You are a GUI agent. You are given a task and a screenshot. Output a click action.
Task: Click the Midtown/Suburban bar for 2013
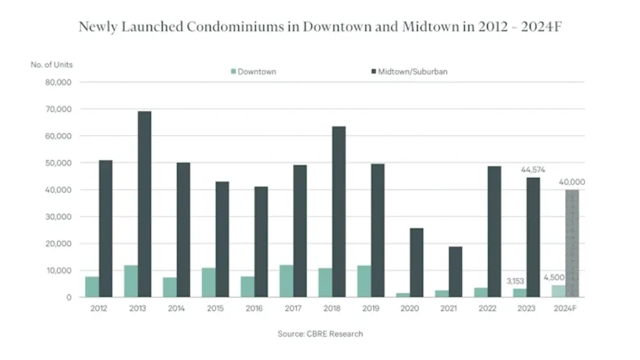click(x=144, y=204)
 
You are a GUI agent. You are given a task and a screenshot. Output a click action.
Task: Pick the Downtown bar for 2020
click(x=403, y=294)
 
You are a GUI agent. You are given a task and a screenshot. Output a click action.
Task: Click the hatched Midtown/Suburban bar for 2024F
click(x=572, y=243)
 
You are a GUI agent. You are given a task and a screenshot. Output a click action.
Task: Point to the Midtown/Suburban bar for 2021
click(x=455, y=271)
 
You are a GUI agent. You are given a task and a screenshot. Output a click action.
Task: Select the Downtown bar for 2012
click(x=92, y=286)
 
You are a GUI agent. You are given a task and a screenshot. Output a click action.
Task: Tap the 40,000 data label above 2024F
click(x=572, y=182)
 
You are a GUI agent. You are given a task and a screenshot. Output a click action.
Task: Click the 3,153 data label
click(x=517, y=281)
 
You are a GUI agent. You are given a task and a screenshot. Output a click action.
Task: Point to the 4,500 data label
click(x=555, y=277)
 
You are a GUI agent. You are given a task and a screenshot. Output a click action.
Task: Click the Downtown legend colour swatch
click(x=234, y=72)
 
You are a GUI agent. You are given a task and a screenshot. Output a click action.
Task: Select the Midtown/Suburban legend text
click(x=412, y=72)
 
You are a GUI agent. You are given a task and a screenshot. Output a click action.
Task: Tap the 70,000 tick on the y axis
click(x=58, y=109)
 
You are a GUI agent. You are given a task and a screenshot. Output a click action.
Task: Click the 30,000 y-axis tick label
click(x=58, y=217)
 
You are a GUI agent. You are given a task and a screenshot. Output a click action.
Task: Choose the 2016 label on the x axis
click(x=254, y=309)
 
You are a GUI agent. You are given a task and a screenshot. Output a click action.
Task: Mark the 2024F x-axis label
click(x=565, y=309)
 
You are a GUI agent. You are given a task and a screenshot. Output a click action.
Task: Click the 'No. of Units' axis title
click(x=52, y=64)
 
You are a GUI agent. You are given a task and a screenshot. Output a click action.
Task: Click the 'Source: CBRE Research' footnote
click(x=320, y=334)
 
